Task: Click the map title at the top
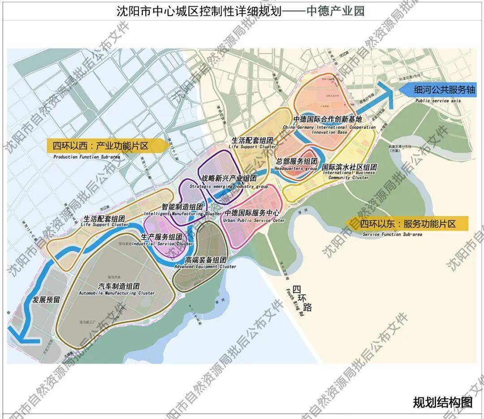(x=240, y=10)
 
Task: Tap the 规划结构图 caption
(x=442, y=402)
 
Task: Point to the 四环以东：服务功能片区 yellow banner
(x=407, y=223)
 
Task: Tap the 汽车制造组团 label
(x=119, y=286)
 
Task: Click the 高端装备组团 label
(x=207, y=260)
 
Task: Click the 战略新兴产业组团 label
(x=229, y=178)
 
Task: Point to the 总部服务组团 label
(x=297, y=161)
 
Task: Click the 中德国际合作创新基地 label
(x=327, y=120)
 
